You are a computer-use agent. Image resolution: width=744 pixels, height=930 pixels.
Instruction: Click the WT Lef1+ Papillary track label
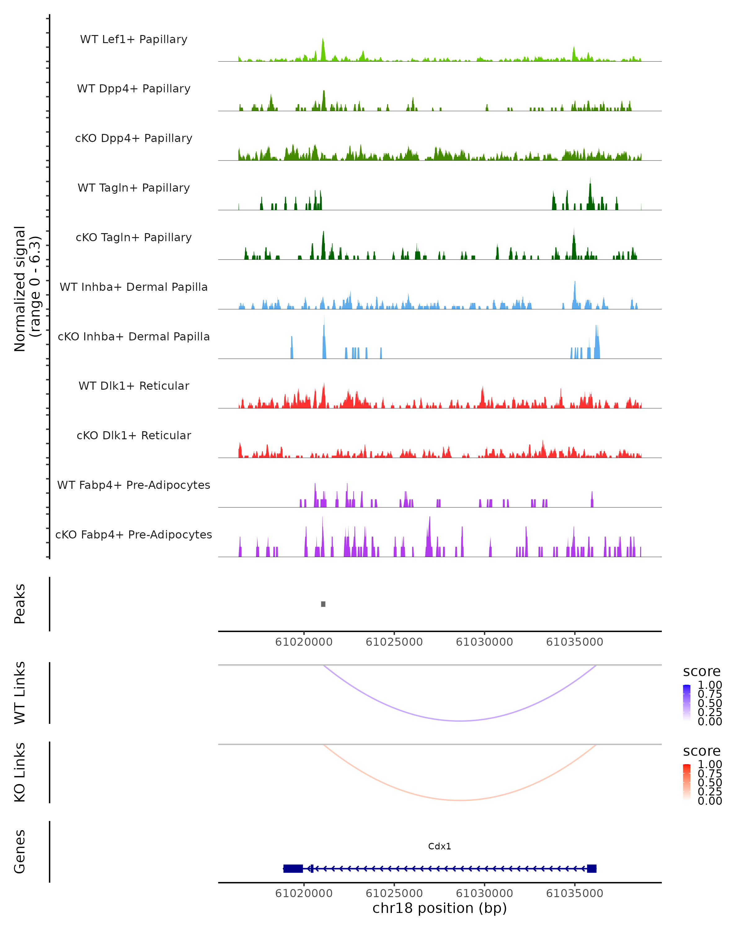point(134,39)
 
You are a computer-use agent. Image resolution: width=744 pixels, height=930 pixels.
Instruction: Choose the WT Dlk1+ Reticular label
point(134,386)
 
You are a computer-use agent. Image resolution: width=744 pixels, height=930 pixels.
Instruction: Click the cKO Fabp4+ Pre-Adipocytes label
point(134,534)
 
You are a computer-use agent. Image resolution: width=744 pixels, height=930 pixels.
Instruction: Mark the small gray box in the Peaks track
point(323,604)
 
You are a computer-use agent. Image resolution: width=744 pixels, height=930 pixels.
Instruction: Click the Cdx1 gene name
point(440,846)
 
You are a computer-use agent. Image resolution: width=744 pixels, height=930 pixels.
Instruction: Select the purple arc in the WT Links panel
point(461,721)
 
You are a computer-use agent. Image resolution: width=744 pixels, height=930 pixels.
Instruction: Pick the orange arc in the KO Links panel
point(461,800)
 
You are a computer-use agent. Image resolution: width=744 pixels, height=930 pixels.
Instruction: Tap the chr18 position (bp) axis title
point(440,908)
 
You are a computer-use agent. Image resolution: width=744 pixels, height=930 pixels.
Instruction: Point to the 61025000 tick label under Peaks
point(394,642)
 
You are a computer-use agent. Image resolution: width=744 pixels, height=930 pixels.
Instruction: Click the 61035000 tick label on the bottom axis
point(574,893)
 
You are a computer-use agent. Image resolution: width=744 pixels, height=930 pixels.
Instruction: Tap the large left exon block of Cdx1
point(293,868)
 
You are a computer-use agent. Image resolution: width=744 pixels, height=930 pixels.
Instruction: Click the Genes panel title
point(20,852)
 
